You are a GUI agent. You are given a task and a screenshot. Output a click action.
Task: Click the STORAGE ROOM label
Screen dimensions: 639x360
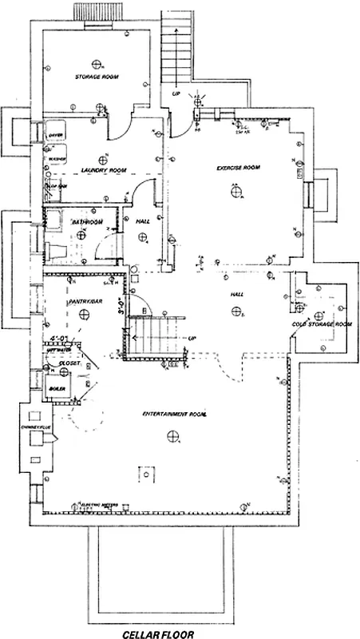pyautogui.click(x=97, y=77)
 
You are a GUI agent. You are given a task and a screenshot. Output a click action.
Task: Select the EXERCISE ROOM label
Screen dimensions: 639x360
pyautogui.click(x=239, y=168)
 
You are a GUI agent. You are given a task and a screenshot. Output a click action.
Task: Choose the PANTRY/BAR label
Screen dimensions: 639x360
pyautogui.click(x=83, y=300)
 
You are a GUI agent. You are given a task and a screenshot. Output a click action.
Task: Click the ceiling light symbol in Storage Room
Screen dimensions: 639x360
pyautogui.click(x=97, y=63)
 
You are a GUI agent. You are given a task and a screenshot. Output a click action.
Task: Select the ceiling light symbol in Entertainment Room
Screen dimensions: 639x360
pyautogui.click(x=172, y=435)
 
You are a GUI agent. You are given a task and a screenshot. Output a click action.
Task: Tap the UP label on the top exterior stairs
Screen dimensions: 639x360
pyautogui.click(x=176, y=93)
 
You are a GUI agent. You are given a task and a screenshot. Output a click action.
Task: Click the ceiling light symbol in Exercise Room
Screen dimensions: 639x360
pyautogui.click(x=237, y=190)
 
